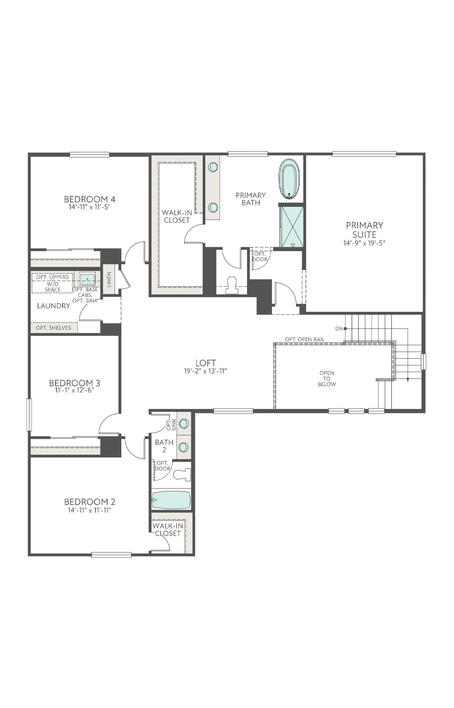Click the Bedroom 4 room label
[x=90, y=199]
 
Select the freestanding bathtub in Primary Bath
[x=289, y=180]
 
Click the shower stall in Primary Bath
[x=291, y=227]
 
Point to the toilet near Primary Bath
[x=231, y=285]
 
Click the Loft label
[x=206, y=363]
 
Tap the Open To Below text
[x=327, y=379]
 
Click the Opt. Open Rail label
[x=304, y=339]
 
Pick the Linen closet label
[x=109, y=279]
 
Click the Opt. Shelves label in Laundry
[x=53, y=328]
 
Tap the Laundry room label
[x=54, y=306]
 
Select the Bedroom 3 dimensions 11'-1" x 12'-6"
[x=75, y=390]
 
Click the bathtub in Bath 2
[x=171, y=500]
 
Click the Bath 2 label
[x=164, y=446]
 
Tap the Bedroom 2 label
[x=90, y=502]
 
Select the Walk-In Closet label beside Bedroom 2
[x=167, y=530]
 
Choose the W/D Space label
[x=53, y=287]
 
